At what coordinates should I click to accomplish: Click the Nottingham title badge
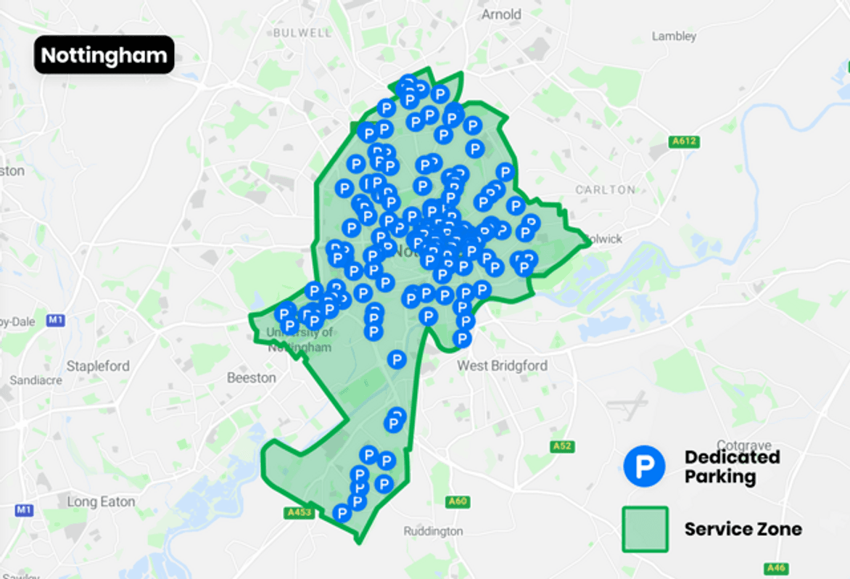[104, 55]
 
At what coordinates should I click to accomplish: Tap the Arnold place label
[501, 15]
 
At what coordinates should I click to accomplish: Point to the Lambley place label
[674, 36]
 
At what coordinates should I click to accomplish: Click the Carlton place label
[605, 189]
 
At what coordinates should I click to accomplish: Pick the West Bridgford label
[502, 366]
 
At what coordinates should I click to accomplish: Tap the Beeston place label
[252, 378]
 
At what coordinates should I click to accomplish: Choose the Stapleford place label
[98, 366]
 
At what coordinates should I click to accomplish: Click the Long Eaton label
[101, 501]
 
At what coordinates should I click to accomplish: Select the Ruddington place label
[433, 531]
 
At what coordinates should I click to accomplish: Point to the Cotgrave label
[744, 445]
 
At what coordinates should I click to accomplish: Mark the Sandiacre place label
[36, 380]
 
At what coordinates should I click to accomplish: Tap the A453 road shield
[298, 513]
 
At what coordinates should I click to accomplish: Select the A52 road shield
[561, 446]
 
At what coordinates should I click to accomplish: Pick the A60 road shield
[458, 501]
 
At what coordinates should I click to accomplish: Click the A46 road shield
[775, 568]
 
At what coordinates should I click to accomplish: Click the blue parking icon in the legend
[644, 466]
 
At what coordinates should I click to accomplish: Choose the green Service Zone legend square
[644, 529]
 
